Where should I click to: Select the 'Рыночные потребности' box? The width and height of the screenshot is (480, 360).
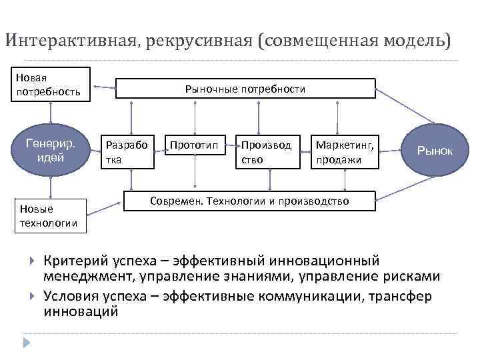click(245, 89)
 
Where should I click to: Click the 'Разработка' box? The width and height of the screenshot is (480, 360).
click(127, 151)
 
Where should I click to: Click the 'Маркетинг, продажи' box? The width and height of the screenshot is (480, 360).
click(345, 151)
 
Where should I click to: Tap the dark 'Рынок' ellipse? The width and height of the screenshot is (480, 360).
click(434, 151)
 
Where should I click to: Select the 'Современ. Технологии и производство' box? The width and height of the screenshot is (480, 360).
click(250, 200)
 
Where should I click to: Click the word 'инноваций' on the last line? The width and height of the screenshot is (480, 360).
click(81, 311)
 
